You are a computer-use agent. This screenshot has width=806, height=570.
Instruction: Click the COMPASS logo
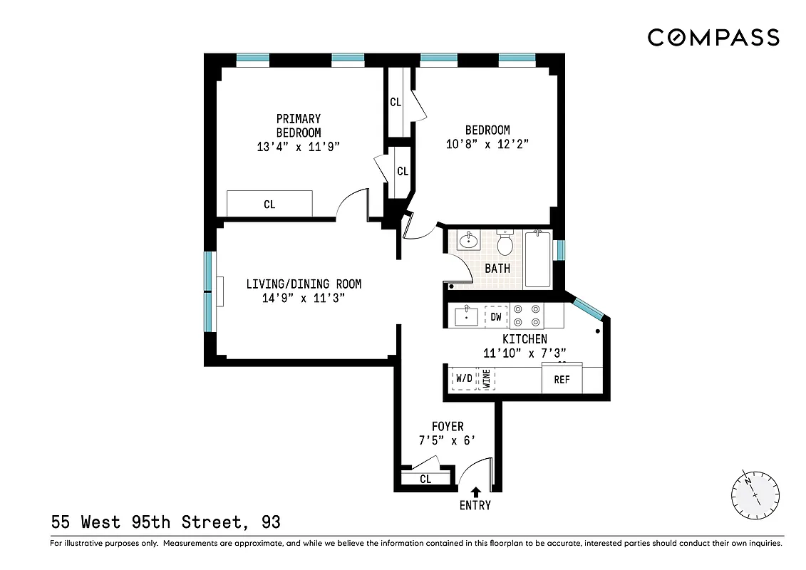pos(713,37)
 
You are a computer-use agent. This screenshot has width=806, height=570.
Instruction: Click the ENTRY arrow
pos(475,492)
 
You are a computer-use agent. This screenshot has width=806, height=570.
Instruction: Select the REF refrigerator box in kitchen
pos(562,378)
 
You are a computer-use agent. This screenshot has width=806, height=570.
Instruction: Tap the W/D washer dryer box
pos(463,378)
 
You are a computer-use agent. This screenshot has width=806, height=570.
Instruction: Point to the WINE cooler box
pos(487,378)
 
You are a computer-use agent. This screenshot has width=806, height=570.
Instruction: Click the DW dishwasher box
pos(496,316)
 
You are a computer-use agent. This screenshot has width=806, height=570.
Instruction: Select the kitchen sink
pos(466,316)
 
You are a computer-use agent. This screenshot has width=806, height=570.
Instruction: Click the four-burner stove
pos(528,315)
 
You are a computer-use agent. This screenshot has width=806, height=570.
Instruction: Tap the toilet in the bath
pos(505,244)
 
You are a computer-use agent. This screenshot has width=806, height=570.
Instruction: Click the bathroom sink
pos(468,241)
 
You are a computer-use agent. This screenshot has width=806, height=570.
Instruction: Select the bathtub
pos(538,259)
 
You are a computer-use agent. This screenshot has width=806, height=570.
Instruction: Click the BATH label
pos(497,269)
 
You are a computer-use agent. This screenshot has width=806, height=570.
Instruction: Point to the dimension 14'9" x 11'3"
pos(304,299)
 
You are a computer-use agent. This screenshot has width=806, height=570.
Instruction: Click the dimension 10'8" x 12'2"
pos(487,144)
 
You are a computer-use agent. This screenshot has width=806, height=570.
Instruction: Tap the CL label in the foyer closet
pos(425,479)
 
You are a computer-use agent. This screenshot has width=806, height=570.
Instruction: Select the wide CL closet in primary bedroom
pos(269,204)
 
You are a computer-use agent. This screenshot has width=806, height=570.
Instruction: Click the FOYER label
pos(448,427)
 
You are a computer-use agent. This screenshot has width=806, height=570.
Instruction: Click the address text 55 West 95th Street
pos(145,522)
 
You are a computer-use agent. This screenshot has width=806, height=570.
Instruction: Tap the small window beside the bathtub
pos(560,250)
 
